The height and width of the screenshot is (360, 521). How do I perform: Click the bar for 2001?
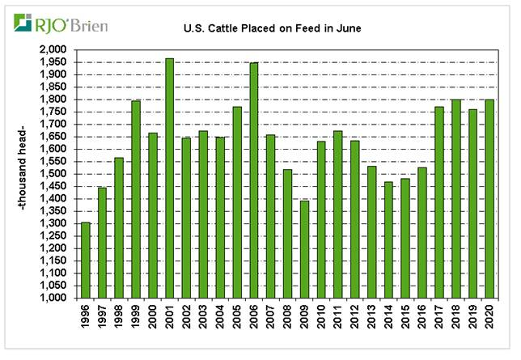click(x=169, y=178)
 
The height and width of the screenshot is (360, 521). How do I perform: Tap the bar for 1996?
click(x=86, y=260)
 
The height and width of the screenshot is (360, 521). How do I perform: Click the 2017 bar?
click(x=438, y=202)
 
